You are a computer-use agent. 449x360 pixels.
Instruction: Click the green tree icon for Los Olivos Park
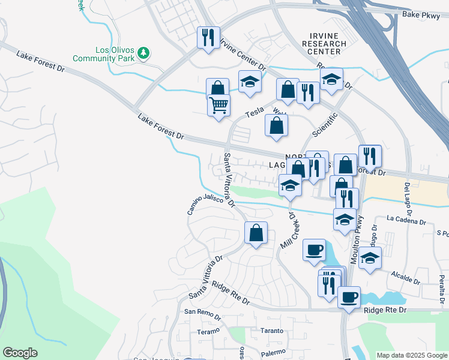click(143, 53)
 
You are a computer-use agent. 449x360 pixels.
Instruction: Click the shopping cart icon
click(218, 105)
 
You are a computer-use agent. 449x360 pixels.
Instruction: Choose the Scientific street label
click(325, 123)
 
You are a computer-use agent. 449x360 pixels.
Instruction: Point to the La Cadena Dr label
click(406, 221)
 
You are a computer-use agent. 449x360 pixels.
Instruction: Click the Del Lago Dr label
click(409, 199)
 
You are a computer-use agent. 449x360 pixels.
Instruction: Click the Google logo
click(20, 353)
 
